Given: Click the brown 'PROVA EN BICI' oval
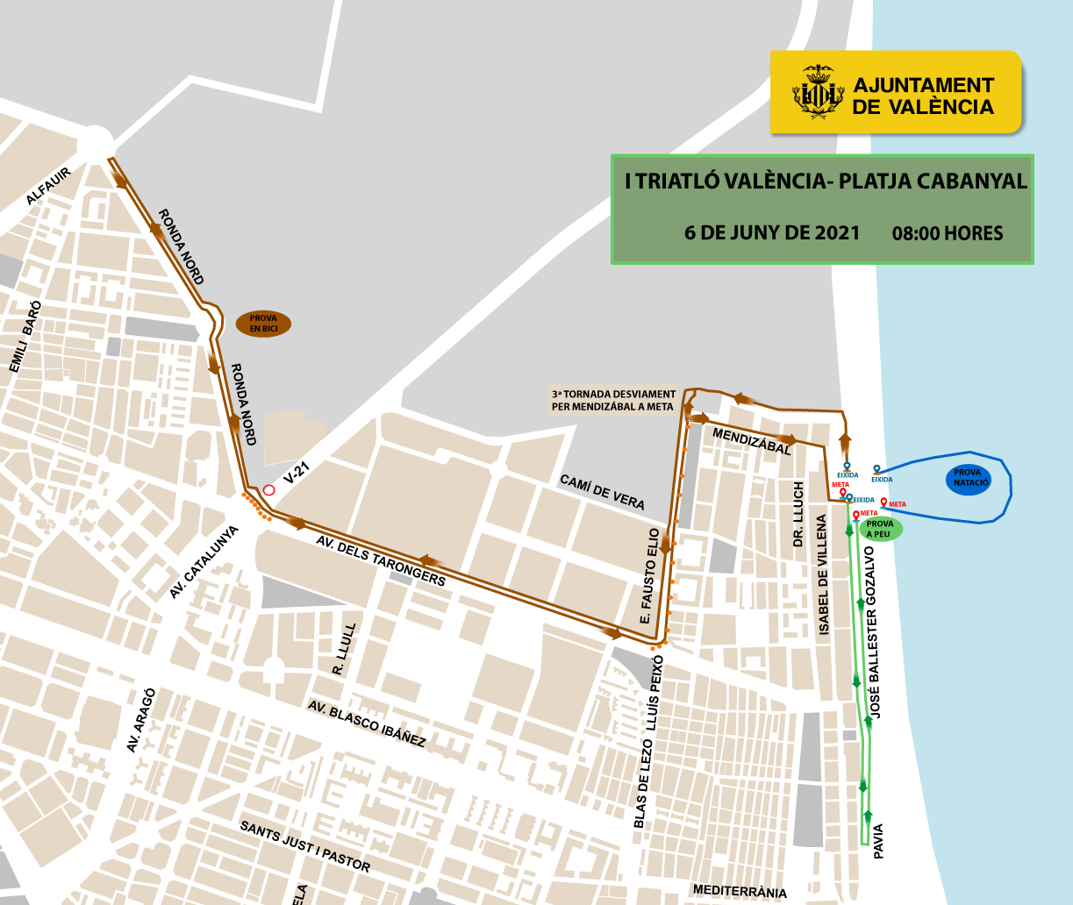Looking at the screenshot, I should [x=263, y=324].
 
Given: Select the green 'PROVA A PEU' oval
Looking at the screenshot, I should [x=879, y=529].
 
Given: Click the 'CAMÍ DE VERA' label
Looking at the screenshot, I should [x=602, y=492].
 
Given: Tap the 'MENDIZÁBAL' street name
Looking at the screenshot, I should [x=752, y=441].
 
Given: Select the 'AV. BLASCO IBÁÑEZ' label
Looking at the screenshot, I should [x=367, y=724].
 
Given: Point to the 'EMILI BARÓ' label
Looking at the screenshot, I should [x=24, y=337].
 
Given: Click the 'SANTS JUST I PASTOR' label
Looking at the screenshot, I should [x=305, y=846].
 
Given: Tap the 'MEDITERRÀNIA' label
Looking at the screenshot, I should [x=740, y=891].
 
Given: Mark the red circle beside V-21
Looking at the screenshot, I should [x=269, y=490].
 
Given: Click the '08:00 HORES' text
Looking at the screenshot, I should [x=948, y=233].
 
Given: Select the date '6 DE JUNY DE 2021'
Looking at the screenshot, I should [x=772, y=233].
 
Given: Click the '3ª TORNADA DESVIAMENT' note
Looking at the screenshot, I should [x=613, y=400].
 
